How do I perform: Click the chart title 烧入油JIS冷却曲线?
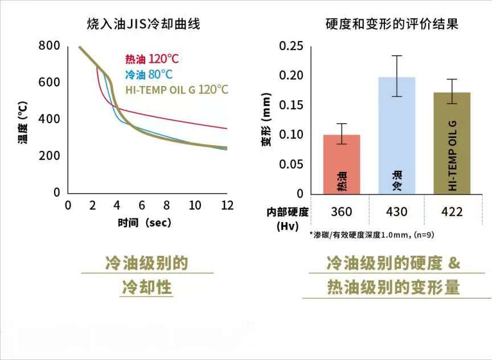coord(143,24)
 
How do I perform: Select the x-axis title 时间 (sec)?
coord(144,223)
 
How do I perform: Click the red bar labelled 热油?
coord(341,165)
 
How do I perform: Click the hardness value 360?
coord(341,212)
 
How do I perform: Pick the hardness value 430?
coord(396,212)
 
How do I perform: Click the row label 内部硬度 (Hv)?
coord(288,219)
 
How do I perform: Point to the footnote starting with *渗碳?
coord(372,235)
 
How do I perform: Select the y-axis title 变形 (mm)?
coord(266,125)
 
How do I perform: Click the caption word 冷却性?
coord(147,288)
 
